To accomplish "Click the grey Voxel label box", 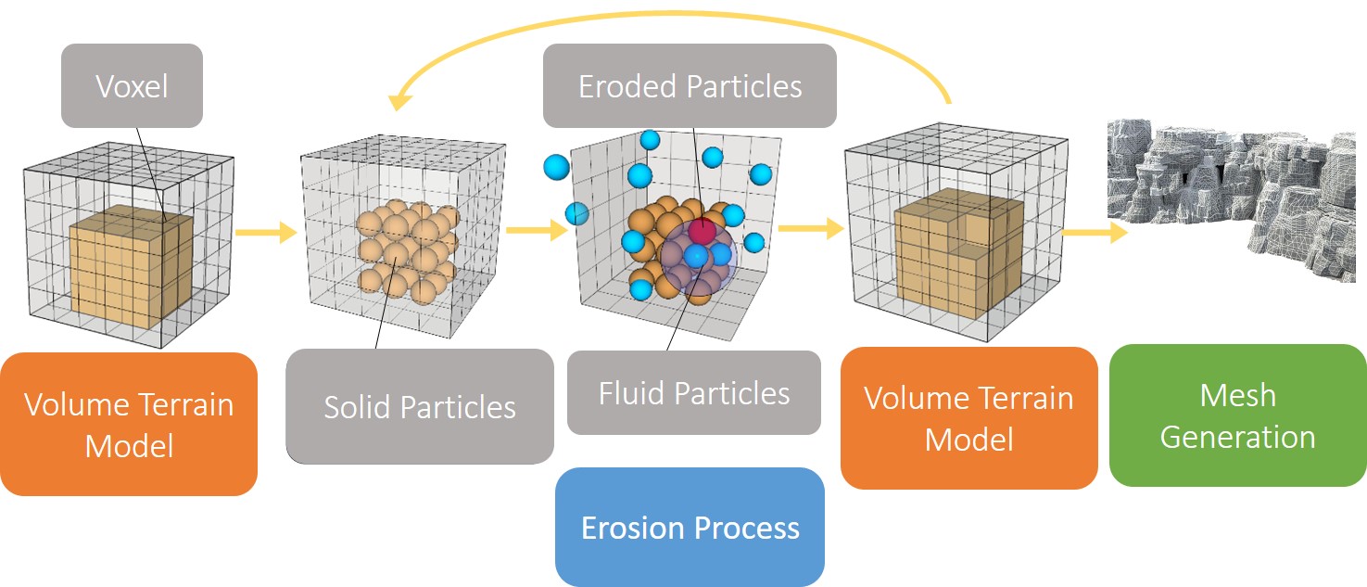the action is tap(132, 85).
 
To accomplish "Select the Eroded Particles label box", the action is tap(690, 85).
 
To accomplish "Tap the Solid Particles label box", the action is tap(420, 406).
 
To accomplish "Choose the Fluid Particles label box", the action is tap(694, 393).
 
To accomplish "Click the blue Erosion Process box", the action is tap(690, 527).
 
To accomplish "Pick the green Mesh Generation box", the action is tap(1237, 415).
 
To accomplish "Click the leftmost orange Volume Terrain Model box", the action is tap(129, 424).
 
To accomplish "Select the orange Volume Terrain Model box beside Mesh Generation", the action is tap(969, 418).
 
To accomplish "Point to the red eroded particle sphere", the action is tap(702, 230).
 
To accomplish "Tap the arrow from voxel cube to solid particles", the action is tap(266, 232).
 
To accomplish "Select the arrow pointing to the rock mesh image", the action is tap(1095, 232).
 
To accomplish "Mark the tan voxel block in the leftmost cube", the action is tap(131, 268).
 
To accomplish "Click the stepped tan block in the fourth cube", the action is tap(958, 253).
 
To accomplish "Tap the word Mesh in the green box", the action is tap(1237, 395).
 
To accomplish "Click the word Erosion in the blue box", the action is tap(633, 528).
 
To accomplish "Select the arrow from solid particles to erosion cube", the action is tap(537, 230).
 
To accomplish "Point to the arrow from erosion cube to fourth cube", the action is tap(811, 228).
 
